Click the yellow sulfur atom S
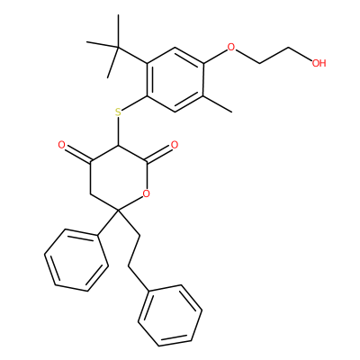pos(118,112)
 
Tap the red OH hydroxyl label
pos(319,63)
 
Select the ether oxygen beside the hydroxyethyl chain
pos(230,47)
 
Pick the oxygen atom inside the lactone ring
pos(146,194)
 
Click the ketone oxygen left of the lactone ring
pos(61,146)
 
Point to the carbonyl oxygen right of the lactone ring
pos(175,145)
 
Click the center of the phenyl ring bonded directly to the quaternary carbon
pos(76,260)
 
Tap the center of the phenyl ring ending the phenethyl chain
pos(170,315)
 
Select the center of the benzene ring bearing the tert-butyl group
pos(175,79)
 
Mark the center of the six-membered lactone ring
pos(118,178)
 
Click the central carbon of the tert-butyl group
pos(118,47)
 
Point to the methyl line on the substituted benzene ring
pos(218,104)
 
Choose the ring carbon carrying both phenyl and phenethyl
pos(118,211)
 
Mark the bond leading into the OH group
pos(301,54)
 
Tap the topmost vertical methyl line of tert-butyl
pos(118,31)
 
